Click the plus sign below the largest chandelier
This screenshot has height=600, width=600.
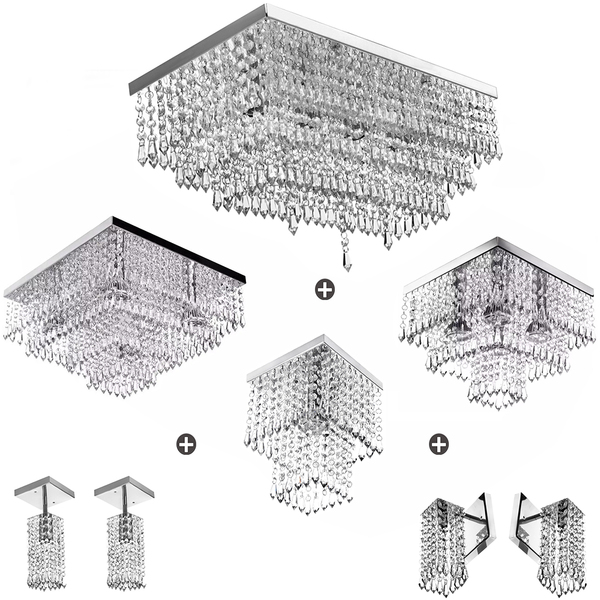pyautogui.click(x=323, y=290)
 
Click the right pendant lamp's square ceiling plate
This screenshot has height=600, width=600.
pyautogui.click(x=125, y=490)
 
